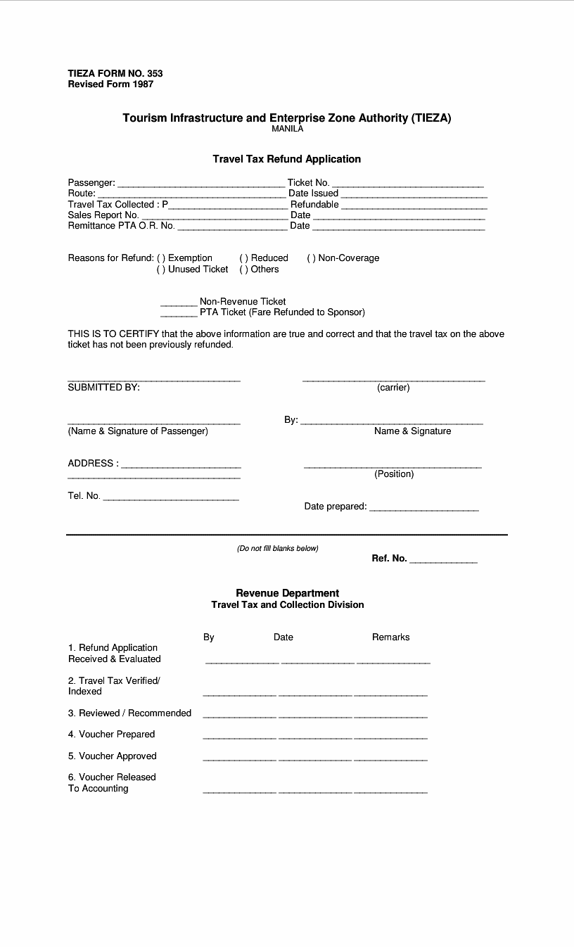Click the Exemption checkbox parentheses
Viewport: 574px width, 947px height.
tap(161, 258)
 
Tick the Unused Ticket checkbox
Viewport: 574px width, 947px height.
tap(161, 269)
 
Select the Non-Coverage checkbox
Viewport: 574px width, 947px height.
tap(311, 258)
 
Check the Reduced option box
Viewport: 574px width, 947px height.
tap(244, 258)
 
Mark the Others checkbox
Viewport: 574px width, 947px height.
tap(244, 269)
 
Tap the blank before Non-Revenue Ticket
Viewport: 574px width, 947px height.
tap(179, 304)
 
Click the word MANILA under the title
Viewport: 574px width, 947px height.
tap(287, 129)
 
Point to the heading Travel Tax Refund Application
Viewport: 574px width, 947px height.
tap(287, 159)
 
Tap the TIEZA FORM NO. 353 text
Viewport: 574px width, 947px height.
tap(115, 73)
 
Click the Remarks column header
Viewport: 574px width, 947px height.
tap(390, 637)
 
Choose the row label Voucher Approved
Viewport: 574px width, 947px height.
tap(113, 756)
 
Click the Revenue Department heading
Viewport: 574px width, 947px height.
tap(287, 593)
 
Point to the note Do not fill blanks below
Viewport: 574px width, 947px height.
tap(278, 549)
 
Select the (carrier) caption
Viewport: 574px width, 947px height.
tap(393, 388)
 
